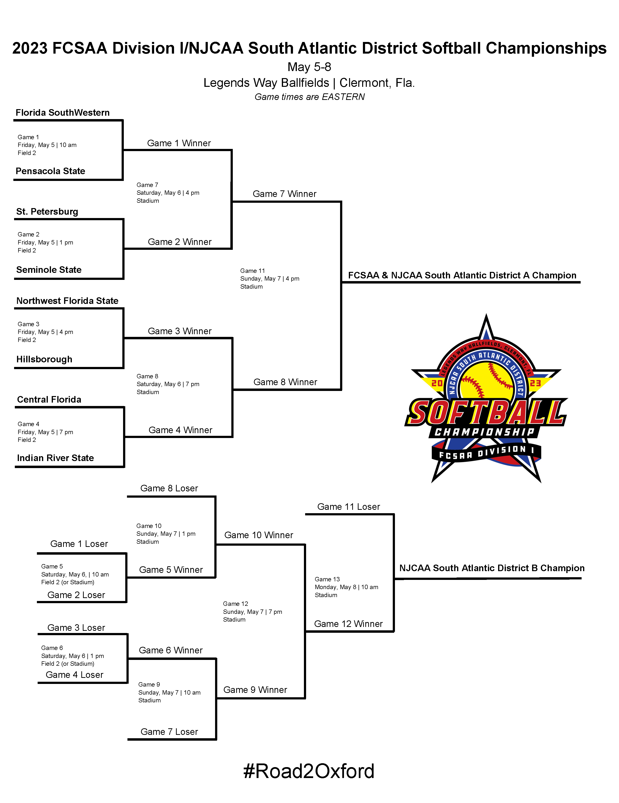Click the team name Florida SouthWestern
(63, 113)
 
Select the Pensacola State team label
(50, 171)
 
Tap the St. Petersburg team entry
(47, 211)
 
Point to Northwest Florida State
(67, 301)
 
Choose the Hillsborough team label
(44, 359)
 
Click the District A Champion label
(462, 276)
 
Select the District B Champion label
(492, 568)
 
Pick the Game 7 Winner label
(284, 194)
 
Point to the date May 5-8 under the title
(309, 67)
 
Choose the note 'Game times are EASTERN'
(309, 97)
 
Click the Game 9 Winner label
(255, 690)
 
